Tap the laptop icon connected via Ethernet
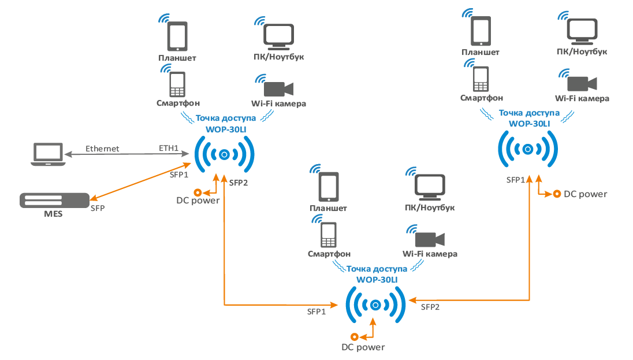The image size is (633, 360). (47, 154)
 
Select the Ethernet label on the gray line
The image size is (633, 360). (102, 149)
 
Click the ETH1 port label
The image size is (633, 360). (169, 149)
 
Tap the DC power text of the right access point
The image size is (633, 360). (586, 194)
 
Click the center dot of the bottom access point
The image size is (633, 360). (375, 305)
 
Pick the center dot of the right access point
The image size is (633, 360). (527, 149)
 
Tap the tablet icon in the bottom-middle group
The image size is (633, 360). (329, 187)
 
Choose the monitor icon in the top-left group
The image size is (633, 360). (280, 35)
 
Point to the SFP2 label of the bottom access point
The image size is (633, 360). (430, 307)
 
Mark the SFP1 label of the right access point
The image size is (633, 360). (516, 180)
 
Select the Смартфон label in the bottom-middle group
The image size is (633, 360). (329, 254)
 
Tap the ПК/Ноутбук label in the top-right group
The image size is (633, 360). (582, 51)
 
